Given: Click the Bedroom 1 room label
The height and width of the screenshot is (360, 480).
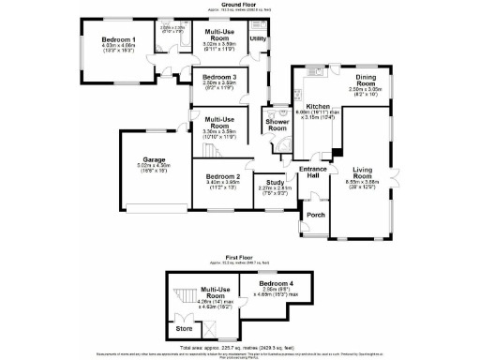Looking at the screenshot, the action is click(119, 38).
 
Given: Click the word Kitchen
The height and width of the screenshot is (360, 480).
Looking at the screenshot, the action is click(317, 108).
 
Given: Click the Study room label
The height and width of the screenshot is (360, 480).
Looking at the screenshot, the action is click(275, 182).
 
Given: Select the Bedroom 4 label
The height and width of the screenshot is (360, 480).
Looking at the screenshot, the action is click(277, 283).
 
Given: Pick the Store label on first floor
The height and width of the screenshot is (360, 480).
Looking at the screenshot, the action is click(184, 329).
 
